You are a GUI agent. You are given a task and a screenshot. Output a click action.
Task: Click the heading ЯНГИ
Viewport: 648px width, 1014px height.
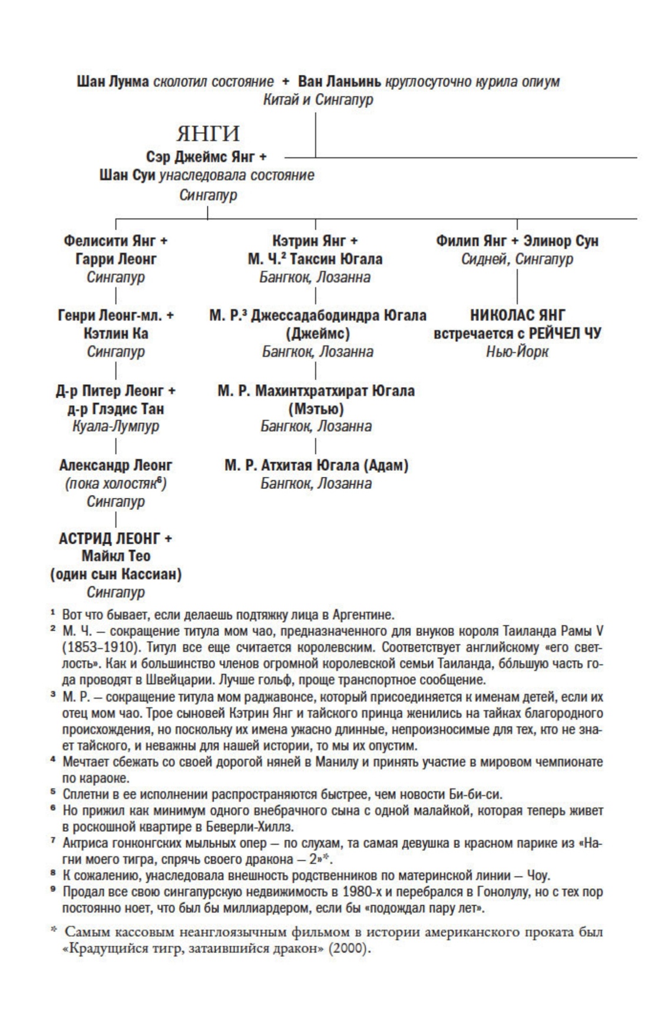click(x=208, y=134)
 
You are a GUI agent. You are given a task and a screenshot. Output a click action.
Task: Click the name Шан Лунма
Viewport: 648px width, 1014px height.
click(x=113, y=81)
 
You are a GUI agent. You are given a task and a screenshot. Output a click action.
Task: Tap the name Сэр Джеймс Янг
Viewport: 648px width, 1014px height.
click(x=200, y=157)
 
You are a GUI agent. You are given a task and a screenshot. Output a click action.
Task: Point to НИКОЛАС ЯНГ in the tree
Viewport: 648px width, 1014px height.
click(x=517, y=315)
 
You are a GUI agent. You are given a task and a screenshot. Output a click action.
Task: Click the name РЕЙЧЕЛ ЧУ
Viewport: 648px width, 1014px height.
click(x=564, y=333)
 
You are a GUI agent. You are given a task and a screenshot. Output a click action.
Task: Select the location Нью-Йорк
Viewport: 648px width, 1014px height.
click(x=517, y=352)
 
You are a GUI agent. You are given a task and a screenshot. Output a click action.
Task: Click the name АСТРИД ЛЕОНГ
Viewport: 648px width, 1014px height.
click(x=110, y=539)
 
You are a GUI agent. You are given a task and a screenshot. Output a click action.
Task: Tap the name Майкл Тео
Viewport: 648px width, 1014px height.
click(x=116, y=556)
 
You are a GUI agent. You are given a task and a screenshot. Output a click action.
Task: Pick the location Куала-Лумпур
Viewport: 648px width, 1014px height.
click(x=116, y=426)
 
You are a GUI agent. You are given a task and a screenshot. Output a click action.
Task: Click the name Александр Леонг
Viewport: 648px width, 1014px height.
click(x=116, y=465)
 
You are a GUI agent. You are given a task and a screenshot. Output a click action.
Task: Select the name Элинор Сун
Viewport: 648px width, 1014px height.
click(x=561, y=241)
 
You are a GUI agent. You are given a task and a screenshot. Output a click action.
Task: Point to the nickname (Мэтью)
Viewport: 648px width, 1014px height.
click(x=316, y=408)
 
